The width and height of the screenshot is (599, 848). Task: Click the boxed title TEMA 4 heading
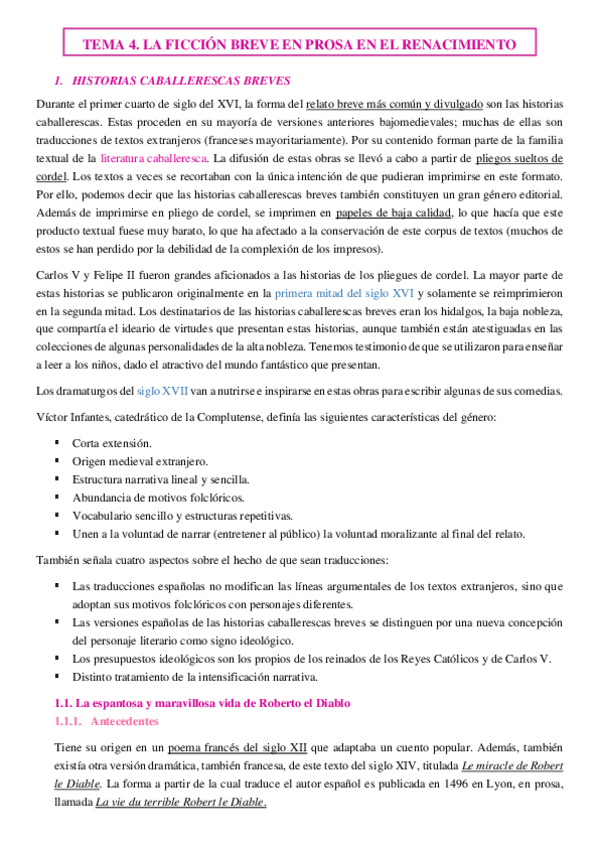pos(299,45)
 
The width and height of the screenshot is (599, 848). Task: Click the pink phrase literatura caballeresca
pos(154,158)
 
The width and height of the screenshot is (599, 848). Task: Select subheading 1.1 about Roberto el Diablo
pos(200,703)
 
